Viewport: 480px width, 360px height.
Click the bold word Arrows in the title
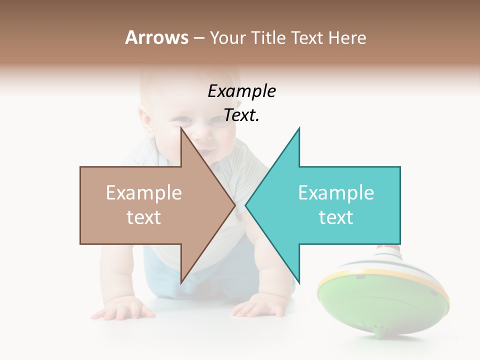click(156, 37)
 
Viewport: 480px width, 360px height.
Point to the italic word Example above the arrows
click(241, 91)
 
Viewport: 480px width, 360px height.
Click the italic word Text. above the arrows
click(241, 115)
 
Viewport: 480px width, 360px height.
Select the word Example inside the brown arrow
click(144, 193)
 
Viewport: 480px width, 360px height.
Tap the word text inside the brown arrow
click(144, 217)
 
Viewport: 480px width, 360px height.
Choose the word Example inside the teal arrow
click(336, 193)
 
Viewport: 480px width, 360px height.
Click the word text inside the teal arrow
click(336, 217)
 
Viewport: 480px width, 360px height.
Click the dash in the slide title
click(198, 38)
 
